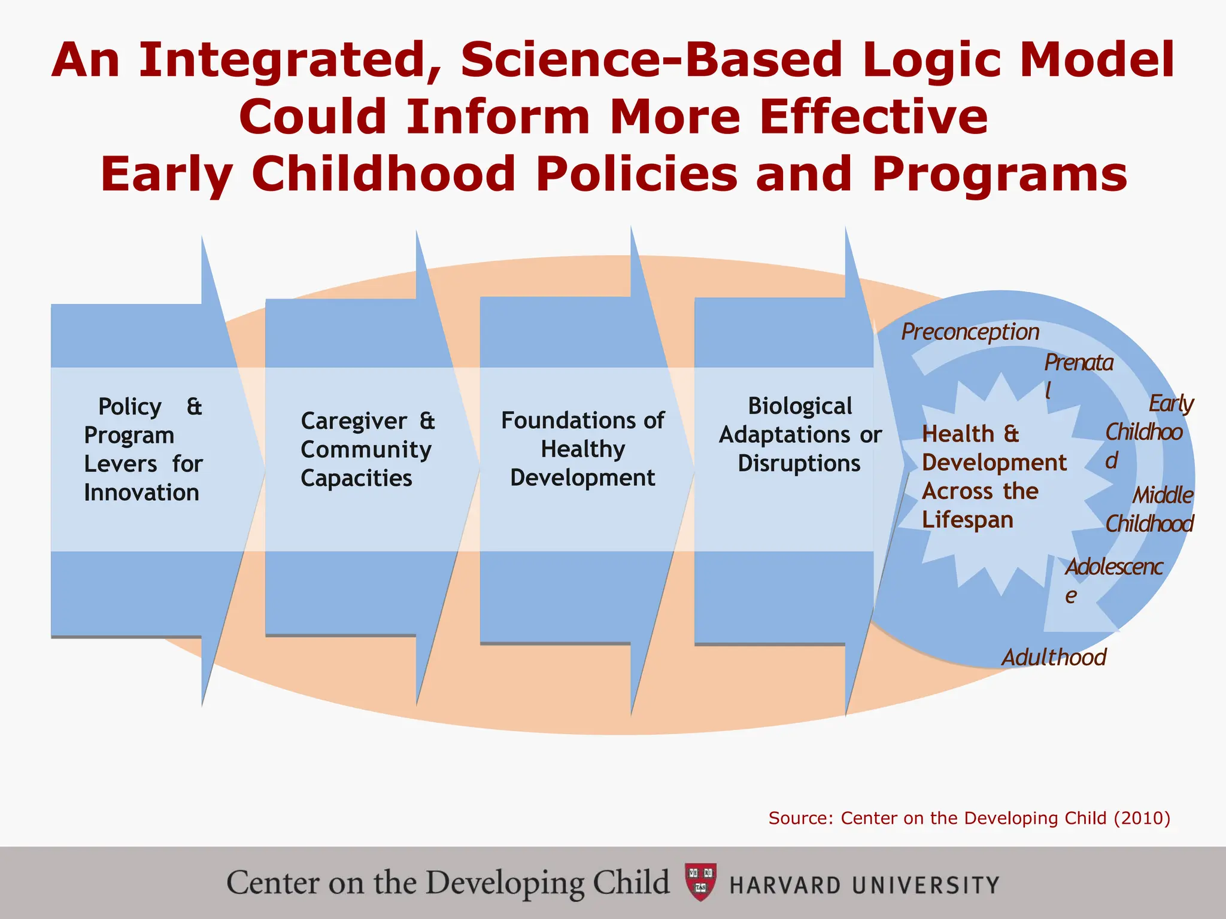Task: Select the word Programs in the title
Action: click(1000, 175)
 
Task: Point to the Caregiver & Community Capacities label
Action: click(367, 450)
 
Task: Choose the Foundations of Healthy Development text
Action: click(582, 449)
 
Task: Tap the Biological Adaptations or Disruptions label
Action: click(800, 435)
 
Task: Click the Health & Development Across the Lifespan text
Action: click(994, 477)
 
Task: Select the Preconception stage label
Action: click(970, 333)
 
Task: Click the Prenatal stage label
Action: click(1078, 375)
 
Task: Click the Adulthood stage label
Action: click(1054, 658)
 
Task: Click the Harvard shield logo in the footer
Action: click(700, 882)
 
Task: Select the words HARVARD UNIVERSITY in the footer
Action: click(864, 885)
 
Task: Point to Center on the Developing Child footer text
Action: click(448, 883)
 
